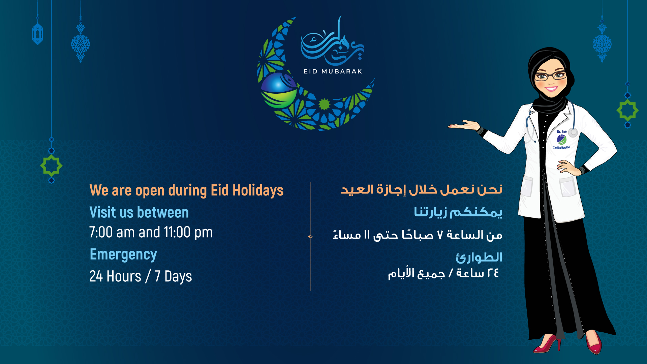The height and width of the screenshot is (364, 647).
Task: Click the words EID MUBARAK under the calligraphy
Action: click(x=333, y=71)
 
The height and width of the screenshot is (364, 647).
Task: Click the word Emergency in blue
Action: click(x=123, y=255)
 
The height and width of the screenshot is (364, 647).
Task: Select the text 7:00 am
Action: click(x=112, y=232)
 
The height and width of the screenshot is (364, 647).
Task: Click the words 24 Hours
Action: click(x=115, y=276)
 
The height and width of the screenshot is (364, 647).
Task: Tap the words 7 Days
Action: click(x=173, y=277)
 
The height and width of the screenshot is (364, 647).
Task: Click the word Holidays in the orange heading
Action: click(x=258, y=190)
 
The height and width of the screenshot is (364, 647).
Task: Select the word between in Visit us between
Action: click(x=163, y=212)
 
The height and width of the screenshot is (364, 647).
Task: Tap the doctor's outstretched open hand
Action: click(x=464, y=125)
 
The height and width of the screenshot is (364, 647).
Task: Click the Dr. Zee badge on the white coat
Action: click(x=561, y=139)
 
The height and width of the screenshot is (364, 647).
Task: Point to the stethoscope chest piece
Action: click(x=573, y=132)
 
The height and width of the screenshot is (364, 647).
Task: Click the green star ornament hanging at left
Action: click(x=51, y=165)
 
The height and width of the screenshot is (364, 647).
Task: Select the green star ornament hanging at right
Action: click(x=627, y=110)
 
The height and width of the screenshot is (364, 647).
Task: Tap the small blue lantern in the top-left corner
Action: click(x=37, y=33)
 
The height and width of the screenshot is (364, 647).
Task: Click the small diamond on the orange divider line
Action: click(x=310, y=237)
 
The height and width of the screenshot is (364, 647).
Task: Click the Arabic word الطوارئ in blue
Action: click(x=479, y=257)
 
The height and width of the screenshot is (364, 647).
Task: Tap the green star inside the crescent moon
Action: click(x=324, y=104)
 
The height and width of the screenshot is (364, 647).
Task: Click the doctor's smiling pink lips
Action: click(x=551, y=89)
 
